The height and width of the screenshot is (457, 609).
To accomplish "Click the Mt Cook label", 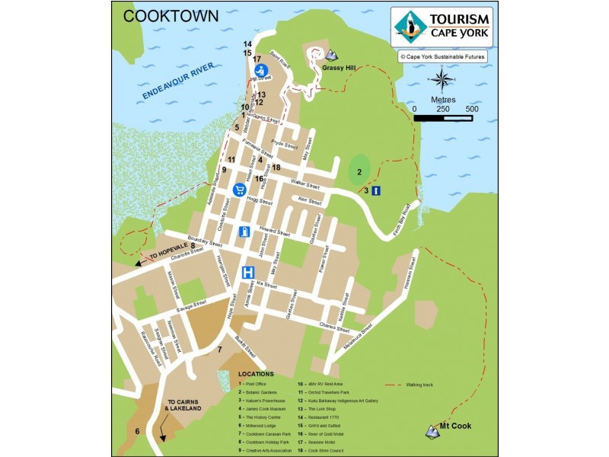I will point(456,427).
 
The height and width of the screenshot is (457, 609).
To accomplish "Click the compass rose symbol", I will point(442,78).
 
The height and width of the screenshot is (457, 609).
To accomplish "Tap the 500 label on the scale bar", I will point(471,109).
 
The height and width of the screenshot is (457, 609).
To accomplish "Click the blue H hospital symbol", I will point(248,272).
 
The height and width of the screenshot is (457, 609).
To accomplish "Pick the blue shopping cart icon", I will point(239,189).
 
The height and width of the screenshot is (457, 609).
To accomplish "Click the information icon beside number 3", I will point(376,190).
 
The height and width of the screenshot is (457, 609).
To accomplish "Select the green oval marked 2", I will point(359,170).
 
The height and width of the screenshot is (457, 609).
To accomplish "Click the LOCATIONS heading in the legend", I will point(257,374).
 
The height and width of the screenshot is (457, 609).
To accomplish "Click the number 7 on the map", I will point(219,350).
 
